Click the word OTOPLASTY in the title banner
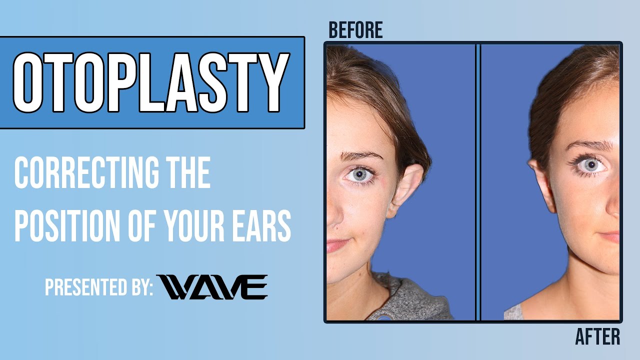coord(151,82)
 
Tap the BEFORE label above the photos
coord(355,30)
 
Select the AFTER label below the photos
coord(597,336)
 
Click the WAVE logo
coord(212,287)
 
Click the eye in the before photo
coord(359,174)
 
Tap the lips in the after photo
coord(611,236)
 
